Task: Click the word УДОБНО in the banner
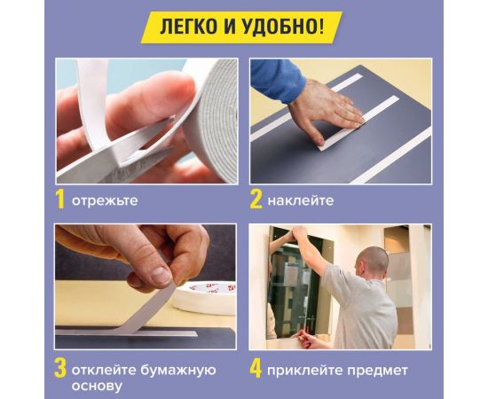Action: (x=289, y=27)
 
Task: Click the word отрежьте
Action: (x=105, y=201)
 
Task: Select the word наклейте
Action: (x=303, y=201)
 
